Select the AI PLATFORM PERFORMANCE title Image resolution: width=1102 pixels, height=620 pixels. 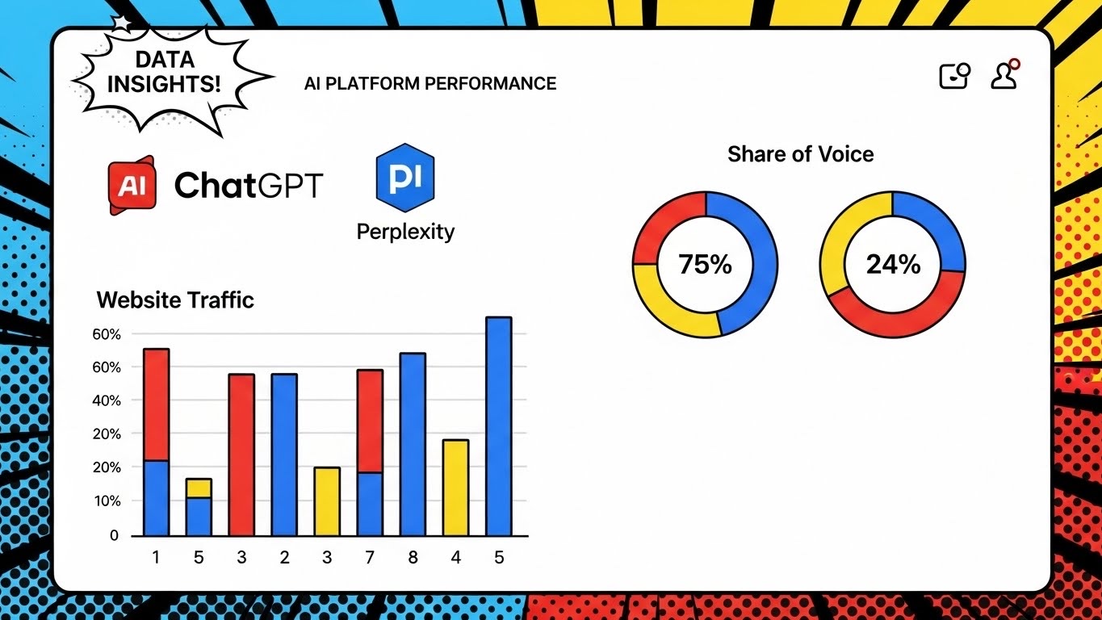pos(430,83)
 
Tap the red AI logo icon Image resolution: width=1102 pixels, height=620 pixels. pos(131,186)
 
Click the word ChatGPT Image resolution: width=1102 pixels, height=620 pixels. pos(249,186)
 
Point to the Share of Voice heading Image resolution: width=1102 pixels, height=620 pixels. pos(800,154)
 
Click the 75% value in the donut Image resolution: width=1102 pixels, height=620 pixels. pos(705,264)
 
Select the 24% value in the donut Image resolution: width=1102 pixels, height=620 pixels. pos(893,264)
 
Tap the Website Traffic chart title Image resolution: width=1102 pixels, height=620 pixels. pos(175,300)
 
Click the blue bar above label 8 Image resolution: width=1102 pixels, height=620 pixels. pos(413,444)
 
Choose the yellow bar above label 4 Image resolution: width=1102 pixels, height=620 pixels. pos(455,487)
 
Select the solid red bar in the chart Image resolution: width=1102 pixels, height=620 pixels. pos(241,455)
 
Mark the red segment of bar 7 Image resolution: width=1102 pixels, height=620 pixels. pos(370,421)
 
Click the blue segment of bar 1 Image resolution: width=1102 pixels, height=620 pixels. pos(156,497)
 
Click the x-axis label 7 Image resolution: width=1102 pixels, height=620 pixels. pos(370,557)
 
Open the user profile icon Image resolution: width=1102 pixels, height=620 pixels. pos(1004,75)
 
